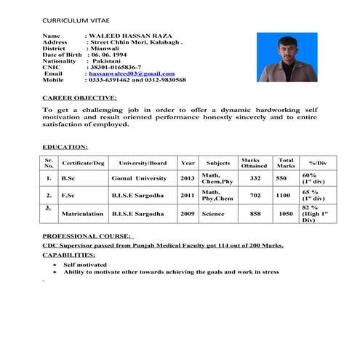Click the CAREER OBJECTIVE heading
[79, 97]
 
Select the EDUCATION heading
[65, 146]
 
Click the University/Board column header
[143, 163]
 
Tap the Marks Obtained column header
[249, 163]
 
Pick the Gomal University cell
[139, 178]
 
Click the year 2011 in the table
[188, 196]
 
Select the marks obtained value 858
[255, 215]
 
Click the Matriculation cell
[82, 215]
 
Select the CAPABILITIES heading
[68, 255]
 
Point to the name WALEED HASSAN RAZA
[128, 36]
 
